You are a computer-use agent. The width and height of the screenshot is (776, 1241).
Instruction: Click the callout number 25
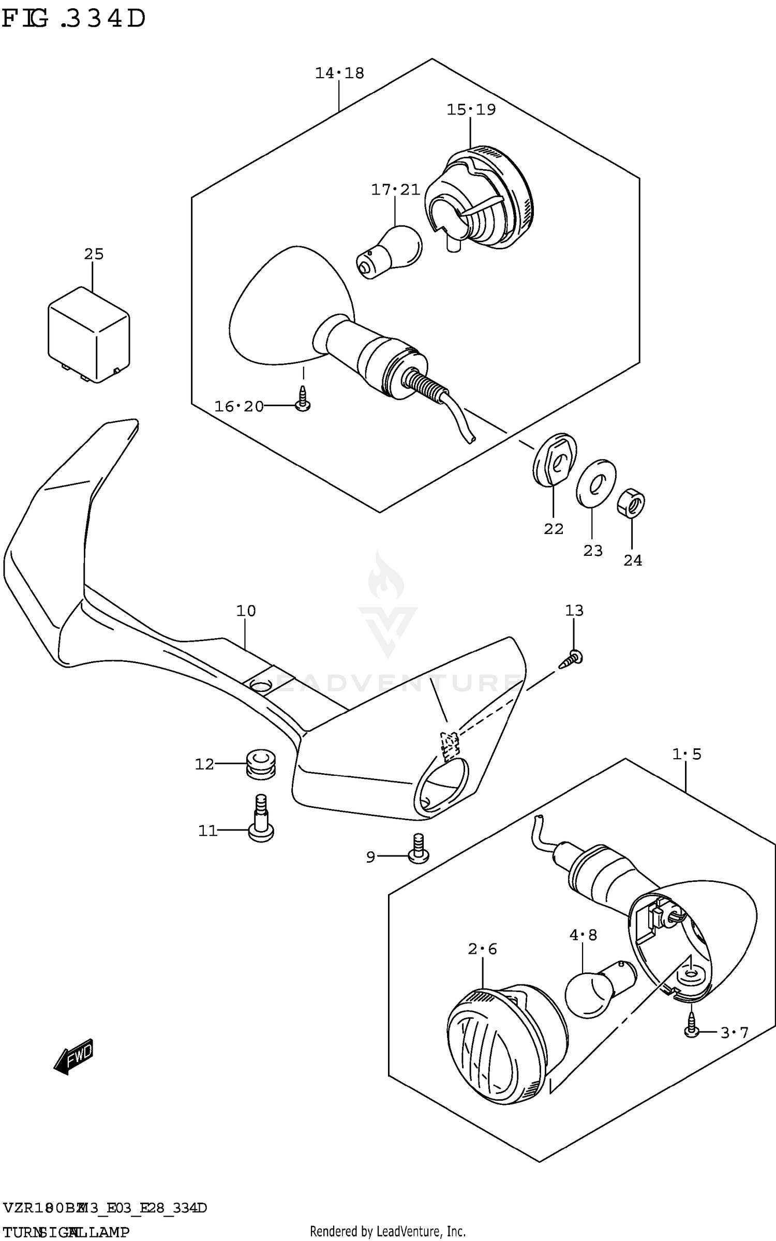click(x=94, y=254)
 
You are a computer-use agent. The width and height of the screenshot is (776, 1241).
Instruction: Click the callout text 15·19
click(x=471, y=110)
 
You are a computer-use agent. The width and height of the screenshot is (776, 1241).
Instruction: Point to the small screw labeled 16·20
click(x=303, y=404)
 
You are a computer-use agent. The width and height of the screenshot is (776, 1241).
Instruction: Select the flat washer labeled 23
click(x=595, y=482)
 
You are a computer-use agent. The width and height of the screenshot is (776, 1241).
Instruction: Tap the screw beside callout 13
click(x=572, y=659)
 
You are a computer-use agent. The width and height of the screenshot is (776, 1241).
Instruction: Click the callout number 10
click(x=246, y=611)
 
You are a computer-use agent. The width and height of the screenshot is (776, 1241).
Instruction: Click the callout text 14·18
click(x=339, y=73)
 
